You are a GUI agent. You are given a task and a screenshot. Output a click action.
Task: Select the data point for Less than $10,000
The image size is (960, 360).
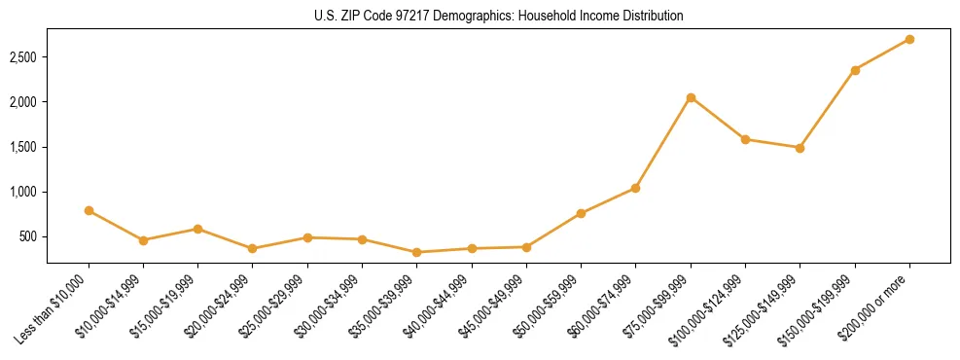pos(89,210)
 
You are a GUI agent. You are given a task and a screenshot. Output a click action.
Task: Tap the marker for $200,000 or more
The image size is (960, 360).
pos(909,39)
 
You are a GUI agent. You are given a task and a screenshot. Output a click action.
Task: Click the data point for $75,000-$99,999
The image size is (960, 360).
pos(691,97)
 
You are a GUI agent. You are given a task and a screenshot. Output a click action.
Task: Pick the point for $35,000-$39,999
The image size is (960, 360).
pos(417,252)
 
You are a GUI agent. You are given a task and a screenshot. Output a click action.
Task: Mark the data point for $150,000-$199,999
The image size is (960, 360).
pos(855,70)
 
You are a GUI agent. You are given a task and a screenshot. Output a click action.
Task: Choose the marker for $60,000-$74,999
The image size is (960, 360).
pos(636,188)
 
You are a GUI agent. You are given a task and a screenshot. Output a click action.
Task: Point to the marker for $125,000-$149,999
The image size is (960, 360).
pos(800,148)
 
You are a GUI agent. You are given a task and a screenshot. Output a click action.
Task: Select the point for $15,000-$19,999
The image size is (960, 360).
pos(198,229)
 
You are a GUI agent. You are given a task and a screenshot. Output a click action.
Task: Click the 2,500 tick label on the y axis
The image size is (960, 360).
pos(22,57)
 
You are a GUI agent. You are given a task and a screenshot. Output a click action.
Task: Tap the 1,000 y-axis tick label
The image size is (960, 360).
pos(22,192)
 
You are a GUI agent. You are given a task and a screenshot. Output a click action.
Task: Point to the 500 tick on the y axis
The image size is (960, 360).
pos(27,236)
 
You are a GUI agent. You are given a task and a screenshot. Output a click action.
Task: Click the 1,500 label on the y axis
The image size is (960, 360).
pos(22,147)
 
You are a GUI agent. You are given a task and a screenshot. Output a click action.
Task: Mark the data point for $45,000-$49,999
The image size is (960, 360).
pos(526,247)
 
